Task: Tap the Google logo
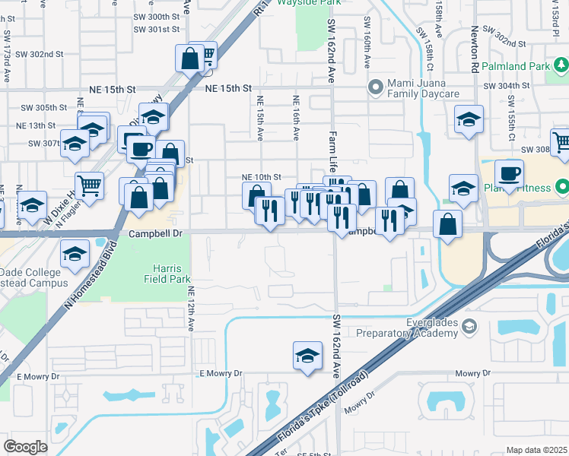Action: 25,446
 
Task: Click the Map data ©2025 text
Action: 536,450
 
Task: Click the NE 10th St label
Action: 262,176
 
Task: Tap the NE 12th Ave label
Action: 191,308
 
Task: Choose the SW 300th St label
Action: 156,17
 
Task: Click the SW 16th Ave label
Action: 367,42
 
